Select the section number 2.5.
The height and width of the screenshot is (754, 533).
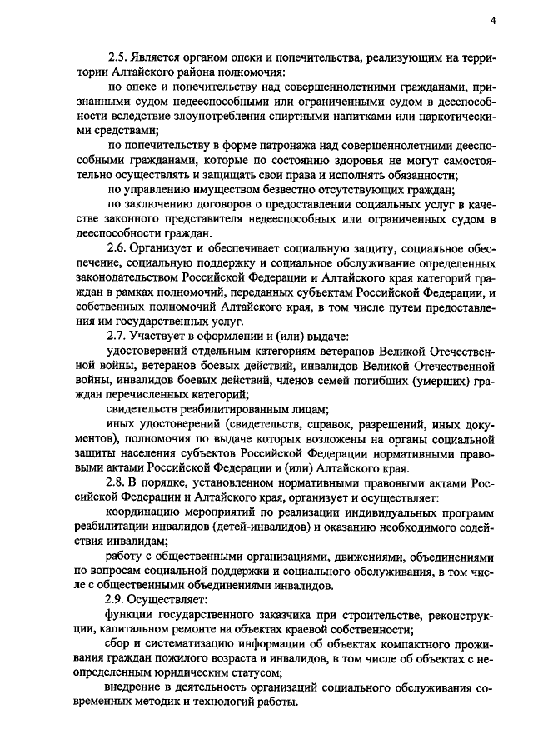coord(117,57)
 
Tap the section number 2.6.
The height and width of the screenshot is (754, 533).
coord(117,248)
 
